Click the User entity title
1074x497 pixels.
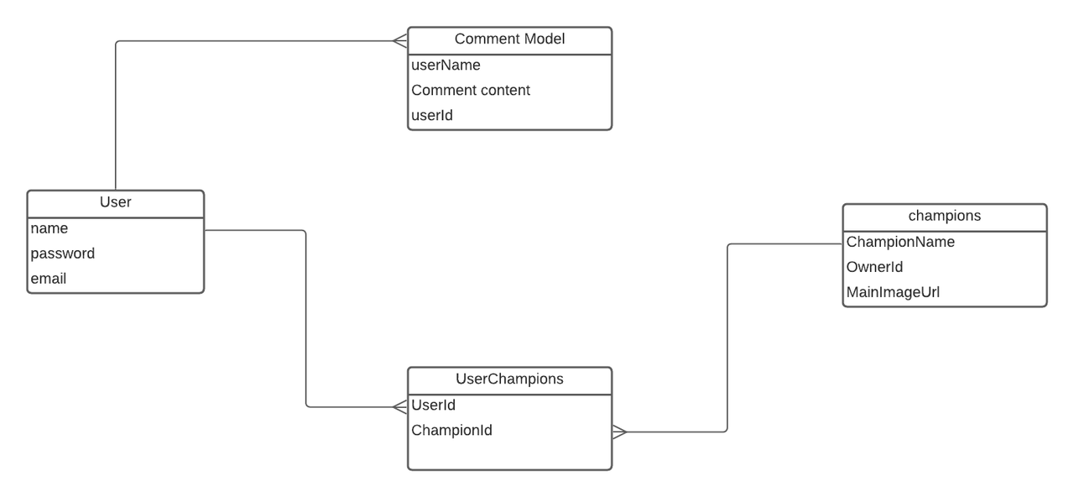pyautogui.click(x=116, y=202)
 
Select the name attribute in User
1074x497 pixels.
pyautogui.click(x=50, y=228)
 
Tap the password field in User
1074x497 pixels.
pyautogui.click(x=63, y=254)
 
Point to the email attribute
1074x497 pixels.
pyautogui.click(x=49, y=279)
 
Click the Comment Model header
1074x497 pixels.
pyautogui.click(x=509, y=39)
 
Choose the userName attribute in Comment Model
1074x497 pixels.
pyautogui.click(x=446, y=65)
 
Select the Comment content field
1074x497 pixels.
pyautogui.click(x=471, y=91)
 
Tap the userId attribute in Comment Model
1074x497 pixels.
pyautogui.click(x=432, y=116)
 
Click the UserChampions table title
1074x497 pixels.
pyautogui.click(x=509, y=379)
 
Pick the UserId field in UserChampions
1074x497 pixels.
pyautogui.click(x=434, y=405)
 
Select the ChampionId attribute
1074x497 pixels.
pyautogui.click(x=451, y=431)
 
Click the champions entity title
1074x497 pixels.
pyautogui.click(x=945, y=216)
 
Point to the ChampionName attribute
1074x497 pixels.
pyautogui.click(x=900, y=242)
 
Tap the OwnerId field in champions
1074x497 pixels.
pyautogui.click(x=874, y=267)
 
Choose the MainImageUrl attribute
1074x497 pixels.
pyautogui.click(x=893, y=293)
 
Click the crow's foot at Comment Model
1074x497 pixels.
pyautogui.click(x=400, y=40)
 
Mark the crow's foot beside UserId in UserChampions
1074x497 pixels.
pyautogui.click(x=400, y=407)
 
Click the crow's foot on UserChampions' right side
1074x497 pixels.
pyautogui.click(x=619, y=432)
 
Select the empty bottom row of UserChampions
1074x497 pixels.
pyautogui.click(x=509, y=455)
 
